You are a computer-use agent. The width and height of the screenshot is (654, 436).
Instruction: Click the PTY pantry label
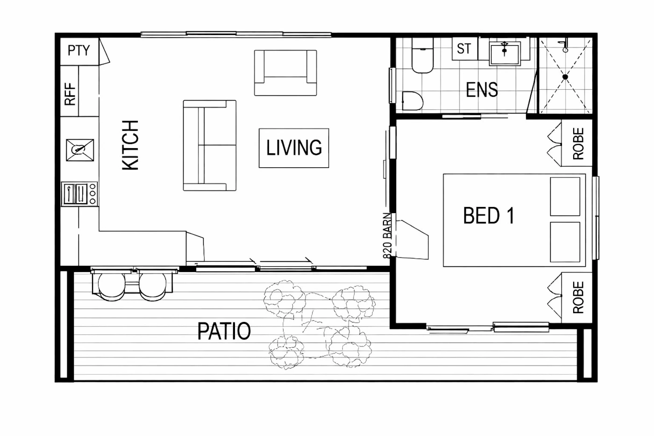point(79,50)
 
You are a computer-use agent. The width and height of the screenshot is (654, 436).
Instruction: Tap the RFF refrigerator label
point(70,94)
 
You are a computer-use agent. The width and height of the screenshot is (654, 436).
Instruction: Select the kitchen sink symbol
point(80,150)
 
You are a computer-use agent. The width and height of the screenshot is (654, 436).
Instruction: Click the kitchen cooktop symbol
point(80,193)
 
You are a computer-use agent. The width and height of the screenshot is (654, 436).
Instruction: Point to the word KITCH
point(130,145)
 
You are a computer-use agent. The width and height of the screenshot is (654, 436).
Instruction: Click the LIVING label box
point(294,148)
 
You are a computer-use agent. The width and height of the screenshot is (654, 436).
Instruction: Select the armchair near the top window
point(285,73)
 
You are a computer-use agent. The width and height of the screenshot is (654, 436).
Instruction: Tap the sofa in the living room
point(210,145)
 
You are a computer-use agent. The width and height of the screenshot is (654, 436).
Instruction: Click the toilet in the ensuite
point(422,56)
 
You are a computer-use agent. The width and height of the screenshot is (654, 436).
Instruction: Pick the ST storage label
point(464,49)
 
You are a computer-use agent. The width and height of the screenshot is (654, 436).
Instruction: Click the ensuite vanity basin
point(505,53)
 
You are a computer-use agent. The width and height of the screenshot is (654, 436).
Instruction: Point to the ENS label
point(482,90)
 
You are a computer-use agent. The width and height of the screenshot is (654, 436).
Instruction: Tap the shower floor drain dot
point(565,77)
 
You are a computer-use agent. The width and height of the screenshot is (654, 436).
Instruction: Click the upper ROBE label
point(578,143)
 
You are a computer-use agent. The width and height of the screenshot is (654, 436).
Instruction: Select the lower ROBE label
point(578,297)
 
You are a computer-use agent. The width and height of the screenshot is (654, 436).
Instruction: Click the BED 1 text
point(489,215)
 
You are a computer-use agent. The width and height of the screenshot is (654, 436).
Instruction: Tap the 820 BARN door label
point(387,236)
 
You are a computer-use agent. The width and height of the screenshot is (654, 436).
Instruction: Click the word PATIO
point(224,331)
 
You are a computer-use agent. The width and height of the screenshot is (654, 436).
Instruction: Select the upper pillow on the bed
point(565,197)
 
